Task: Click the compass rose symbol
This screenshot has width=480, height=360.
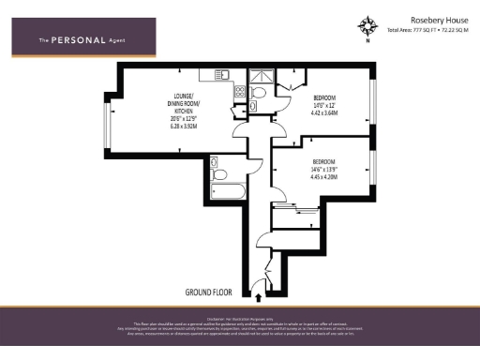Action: (367, 24)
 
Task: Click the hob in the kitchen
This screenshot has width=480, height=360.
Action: (239, 92)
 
